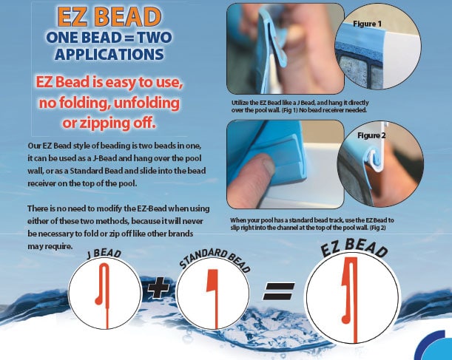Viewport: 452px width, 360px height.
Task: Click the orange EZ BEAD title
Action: coord(109,16)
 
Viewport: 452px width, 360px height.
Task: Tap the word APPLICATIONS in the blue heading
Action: coord(109,54)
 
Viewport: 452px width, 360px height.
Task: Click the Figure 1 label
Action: coord(367,24)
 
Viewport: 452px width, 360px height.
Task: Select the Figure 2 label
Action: coord(371,135)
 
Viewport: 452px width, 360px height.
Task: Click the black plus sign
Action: coord(158,288)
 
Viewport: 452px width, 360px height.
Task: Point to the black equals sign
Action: coord(279,291)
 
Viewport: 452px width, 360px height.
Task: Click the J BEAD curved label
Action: coord(104,254)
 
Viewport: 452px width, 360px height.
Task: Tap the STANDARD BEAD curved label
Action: coord(215,259)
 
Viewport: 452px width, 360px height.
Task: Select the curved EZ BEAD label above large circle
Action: coord(354,247)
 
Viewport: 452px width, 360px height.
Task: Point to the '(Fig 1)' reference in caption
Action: coord(289,110)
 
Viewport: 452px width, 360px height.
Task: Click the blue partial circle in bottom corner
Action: coord(434,346)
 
